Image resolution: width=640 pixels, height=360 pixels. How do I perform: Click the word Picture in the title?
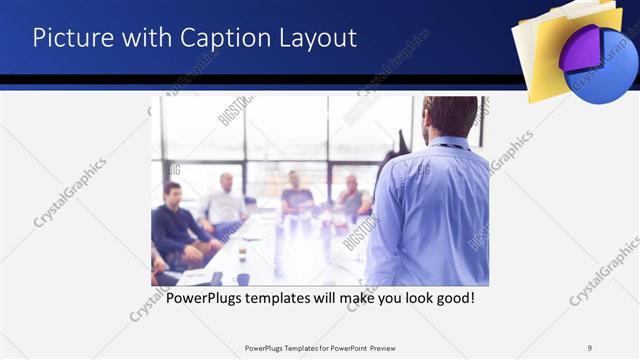coord(71,38)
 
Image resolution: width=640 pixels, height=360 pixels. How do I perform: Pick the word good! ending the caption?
coord(453,298)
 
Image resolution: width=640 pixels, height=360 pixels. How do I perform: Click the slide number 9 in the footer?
coord(590,348)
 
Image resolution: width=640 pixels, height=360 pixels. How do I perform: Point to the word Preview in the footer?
coord(390,348)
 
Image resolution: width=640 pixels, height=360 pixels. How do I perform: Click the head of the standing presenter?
coord(450,115)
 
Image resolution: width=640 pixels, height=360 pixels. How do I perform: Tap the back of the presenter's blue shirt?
coord(430,215)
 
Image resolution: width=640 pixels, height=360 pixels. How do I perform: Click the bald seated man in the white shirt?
coord(226,205)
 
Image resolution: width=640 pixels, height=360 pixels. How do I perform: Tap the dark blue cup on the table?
coord(243,279)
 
